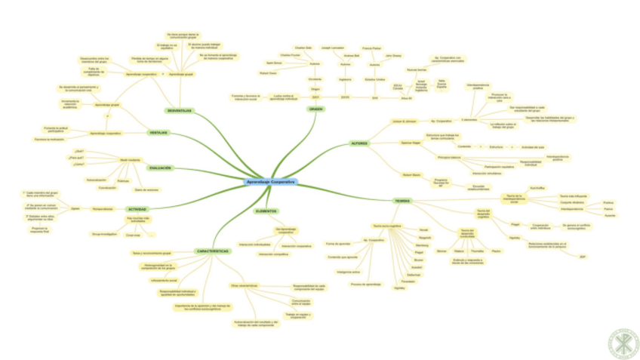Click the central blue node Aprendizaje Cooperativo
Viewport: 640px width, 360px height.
[271, 183]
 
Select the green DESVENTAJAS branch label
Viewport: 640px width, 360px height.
[179, 111]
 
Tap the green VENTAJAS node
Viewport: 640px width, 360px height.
[158, 133]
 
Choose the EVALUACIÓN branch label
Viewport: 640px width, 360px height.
[160, 168]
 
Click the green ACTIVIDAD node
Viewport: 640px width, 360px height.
[137, 209]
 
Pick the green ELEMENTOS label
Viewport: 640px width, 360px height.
[266, 211]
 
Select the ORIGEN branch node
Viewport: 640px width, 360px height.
[316, 109]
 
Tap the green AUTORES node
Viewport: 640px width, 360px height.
[359, 143]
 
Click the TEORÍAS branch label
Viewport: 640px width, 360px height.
[402, 201]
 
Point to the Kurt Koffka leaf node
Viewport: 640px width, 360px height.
[537, 187]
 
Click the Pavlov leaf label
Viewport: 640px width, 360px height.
[496, 251]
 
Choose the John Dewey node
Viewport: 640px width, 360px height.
[393, 55]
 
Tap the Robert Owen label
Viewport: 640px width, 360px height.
[267, 73]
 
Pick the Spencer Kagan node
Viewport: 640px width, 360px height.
[410, 142]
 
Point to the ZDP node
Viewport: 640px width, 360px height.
[582, 257]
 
